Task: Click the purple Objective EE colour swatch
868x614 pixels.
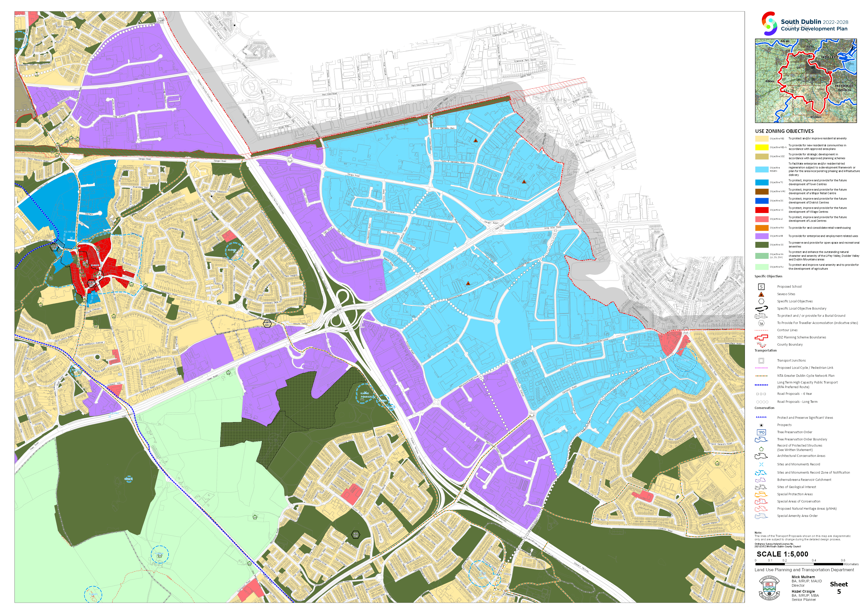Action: click(x=761, y=236)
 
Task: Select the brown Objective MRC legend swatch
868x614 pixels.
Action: click(x=761, y=192)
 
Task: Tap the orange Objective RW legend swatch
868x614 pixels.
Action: click(x=761, y=228)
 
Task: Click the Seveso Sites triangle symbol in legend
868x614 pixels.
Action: click(x=761, y=294)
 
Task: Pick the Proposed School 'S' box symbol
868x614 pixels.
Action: click(x=761, y=287)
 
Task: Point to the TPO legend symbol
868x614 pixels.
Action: click(x=761, y=432)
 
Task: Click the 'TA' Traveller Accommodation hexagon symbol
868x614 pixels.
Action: click(x=761, y=323)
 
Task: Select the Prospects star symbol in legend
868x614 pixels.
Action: click(x=761, y=425)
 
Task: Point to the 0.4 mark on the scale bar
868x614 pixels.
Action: click(x=814, y=560)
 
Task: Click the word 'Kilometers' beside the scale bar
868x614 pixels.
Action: click(x=851, y=564)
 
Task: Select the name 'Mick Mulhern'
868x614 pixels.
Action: click(x=803, y=577)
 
